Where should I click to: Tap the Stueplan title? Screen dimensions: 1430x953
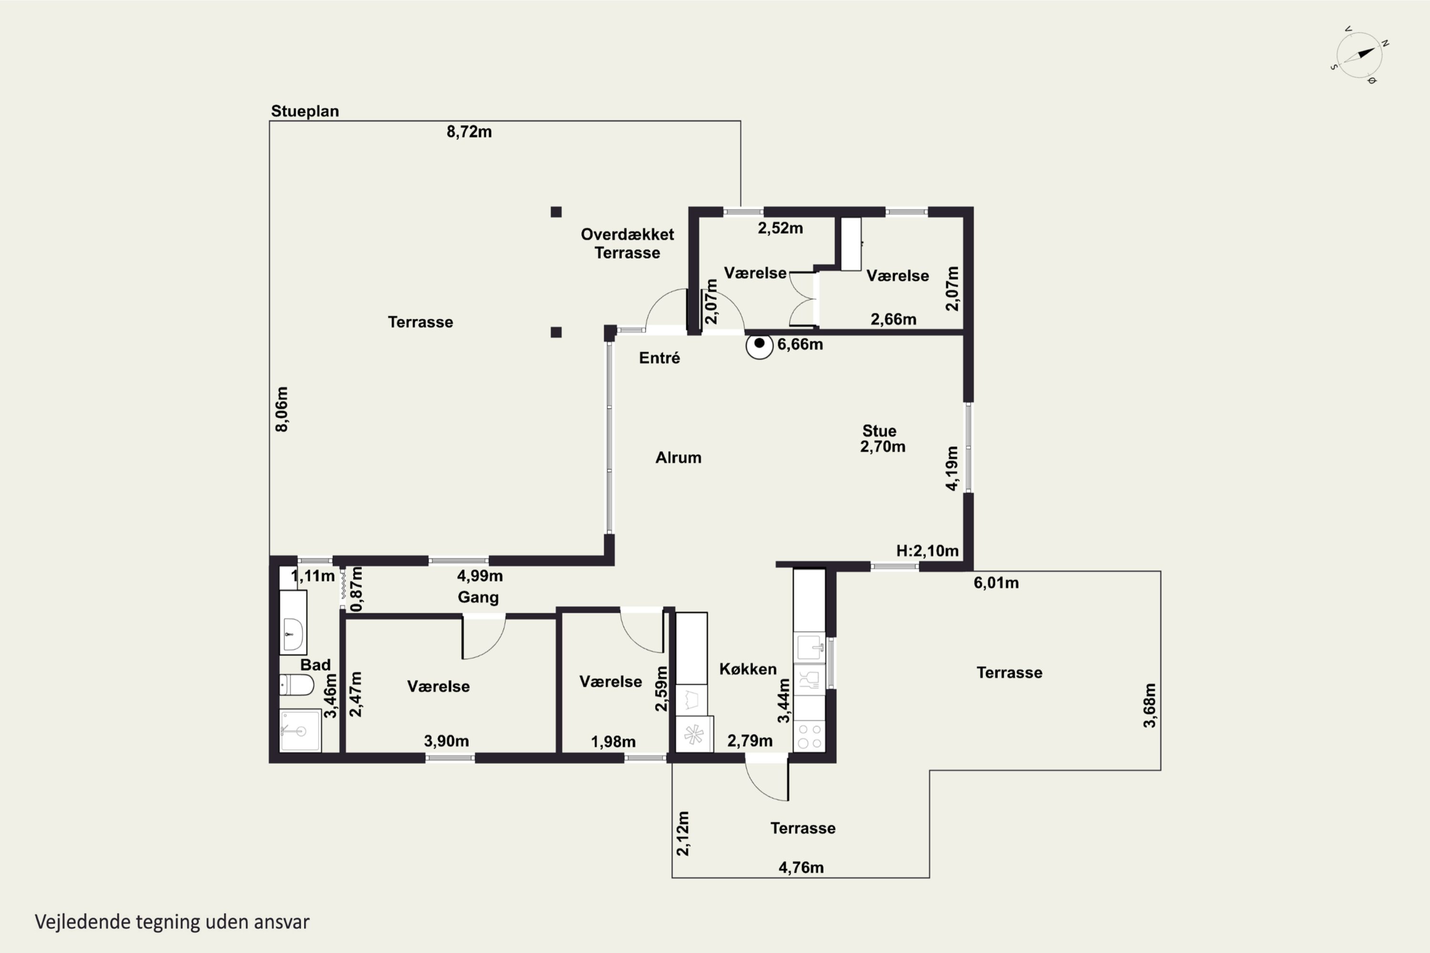point(305,111)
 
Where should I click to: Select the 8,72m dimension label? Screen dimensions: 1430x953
point(470,132)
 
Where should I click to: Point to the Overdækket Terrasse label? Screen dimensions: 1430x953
point(627,243)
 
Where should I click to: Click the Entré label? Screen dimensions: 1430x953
point(660,358)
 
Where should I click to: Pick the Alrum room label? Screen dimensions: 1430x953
point(678,457)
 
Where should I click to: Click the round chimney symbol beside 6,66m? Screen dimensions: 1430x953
point(759,345)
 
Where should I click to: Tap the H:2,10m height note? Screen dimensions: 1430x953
point(927,551)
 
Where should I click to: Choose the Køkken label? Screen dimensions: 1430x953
point(748,669)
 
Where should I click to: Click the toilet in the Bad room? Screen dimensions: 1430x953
point(296,685)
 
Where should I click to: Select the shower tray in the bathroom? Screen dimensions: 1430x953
point(300,730)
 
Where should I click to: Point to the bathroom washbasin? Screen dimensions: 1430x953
point(293,633)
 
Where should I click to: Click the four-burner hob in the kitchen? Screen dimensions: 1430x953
point(810,736)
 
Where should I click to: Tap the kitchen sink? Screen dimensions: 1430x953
point(810,649)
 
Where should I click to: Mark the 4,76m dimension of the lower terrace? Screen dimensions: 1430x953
point(801,868)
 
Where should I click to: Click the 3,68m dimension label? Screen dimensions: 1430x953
point(1150,705)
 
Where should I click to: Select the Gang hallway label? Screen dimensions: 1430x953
point(479,598)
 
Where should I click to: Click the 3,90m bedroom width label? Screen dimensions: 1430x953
point(446,741)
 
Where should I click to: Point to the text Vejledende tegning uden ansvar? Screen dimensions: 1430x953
point(172,922)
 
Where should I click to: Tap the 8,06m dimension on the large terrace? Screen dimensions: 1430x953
point(282,409)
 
